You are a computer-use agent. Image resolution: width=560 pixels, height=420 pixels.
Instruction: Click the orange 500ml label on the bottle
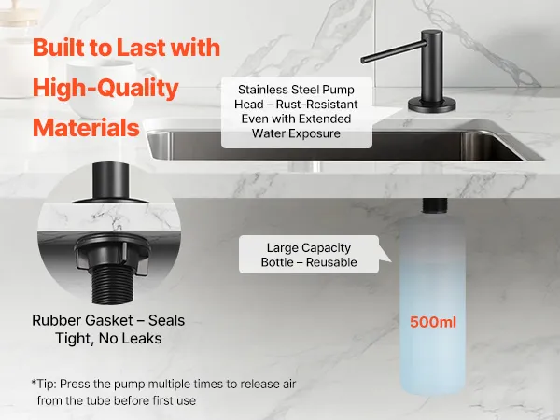(433, 322)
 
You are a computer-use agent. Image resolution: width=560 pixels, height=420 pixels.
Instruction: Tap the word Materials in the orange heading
(86, 128)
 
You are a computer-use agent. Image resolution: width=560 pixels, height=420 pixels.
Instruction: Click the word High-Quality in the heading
(105, 88)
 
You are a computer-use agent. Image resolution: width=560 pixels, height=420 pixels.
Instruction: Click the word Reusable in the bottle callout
(331, 262)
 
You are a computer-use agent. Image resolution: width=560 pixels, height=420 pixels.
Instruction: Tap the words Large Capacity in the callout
(309, 248)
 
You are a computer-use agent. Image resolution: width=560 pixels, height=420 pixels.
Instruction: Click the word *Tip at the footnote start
(42, 384)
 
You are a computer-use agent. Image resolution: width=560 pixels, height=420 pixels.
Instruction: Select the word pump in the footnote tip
(130, 385)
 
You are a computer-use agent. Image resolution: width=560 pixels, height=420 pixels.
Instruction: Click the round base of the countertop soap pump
(432, 105)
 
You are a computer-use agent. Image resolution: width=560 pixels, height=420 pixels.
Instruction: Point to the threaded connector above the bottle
(434, 205)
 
